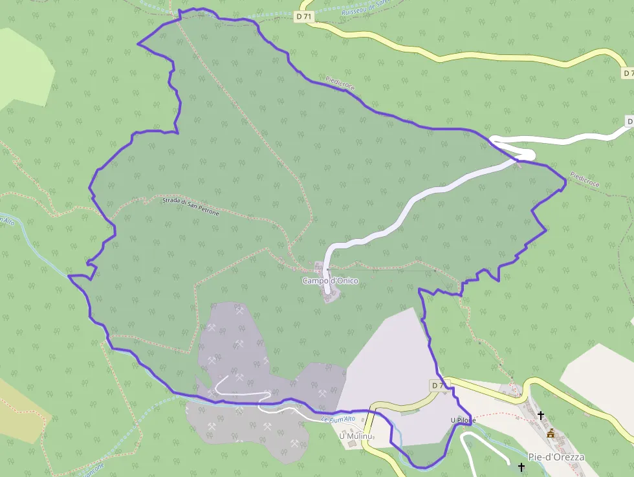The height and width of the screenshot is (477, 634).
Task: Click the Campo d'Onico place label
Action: [x=330, y=281]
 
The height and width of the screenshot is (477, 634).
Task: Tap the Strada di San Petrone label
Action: [x=191, y=206]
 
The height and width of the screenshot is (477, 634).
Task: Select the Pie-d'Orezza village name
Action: [x=556, y=457]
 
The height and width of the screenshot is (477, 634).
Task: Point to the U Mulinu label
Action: [x=356, y=436]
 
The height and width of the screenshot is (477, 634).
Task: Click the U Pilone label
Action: [x=463, y=421]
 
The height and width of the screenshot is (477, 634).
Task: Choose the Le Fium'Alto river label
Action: [x=338, y=419]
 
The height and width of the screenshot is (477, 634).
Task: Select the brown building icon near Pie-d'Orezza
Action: [x=551, y=433]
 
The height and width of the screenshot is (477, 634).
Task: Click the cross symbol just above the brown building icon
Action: [x=541, y=416]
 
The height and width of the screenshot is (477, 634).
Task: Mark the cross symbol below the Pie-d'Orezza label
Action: [x=521, y=467]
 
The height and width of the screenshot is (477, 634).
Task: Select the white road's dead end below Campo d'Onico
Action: [x=328, y=291]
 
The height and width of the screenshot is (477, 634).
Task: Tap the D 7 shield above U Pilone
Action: [x=438, y=386]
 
